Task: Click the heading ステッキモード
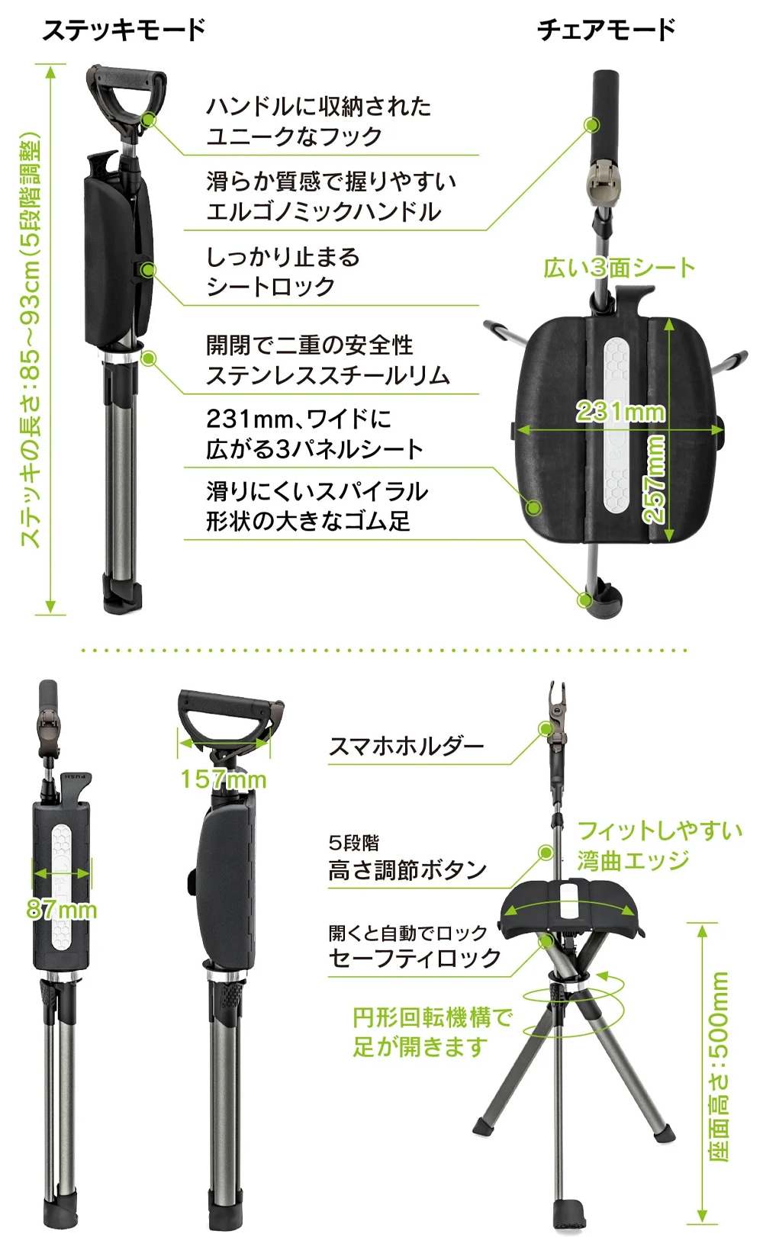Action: click(x=124, y=29)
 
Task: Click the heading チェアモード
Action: click(x=606, y=29)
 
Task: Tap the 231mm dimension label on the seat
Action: click(x=620, y=412)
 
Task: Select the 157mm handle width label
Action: click(x=224, y=779)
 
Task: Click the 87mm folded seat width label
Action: click(x=61, y=910)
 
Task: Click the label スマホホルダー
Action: click(x=406, y=747)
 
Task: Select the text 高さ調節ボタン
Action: click(x=407, y=870)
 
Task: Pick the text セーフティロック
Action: click(x=414, y=958)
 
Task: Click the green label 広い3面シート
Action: click(x=619, y=268)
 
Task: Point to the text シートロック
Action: click(x=270, y=287)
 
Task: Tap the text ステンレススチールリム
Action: click(x=328, y=375)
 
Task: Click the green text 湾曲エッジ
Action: click(x=633, y=860)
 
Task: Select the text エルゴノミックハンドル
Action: click(x=324, y=211)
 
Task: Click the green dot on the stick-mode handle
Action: click(x=148, y=119)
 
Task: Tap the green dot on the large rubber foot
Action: click(x=584, y=600)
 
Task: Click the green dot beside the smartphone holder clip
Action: click(x=546, y=729)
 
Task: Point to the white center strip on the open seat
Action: click(x=616, y=425)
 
